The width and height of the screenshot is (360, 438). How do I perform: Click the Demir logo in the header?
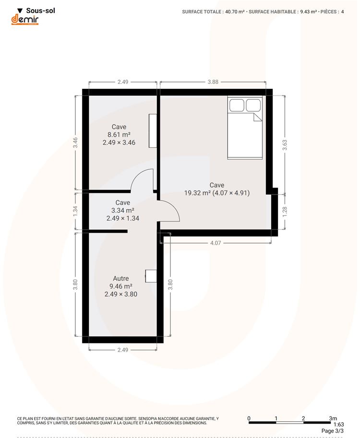(24, 20)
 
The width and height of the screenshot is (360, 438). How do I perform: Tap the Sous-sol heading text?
(40, 11)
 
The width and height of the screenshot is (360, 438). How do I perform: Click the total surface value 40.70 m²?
(235, 12)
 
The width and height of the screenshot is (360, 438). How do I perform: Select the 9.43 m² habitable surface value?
(309, 12)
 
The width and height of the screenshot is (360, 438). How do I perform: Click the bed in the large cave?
(245, 128)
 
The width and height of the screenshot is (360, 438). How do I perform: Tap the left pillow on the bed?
(237, 106)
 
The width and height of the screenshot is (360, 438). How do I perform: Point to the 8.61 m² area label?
(119, 135)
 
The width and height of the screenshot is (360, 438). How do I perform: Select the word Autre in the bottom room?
(121, 279)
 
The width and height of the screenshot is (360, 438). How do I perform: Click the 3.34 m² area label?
(123, 210)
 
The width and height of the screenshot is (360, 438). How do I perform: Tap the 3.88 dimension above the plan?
(213, 82)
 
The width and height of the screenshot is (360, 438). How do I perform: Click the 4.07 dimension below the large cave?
(216, 243)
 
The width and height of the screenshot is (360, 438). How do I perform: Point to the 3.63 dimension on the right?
(285, 145)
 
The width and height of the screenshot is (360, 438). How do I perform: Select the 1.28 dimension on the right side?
(285, 212)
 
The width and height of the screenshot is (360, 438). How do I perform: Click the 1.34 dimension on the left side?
(75, 211)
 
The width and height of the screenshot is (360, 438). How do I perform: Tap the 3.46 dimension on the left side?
(75, 143)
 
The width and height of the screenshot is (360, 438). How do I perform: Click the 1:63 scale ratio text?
(338, 425)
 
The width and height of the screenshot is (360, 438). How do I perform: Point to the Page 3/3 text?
(333, 431)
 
